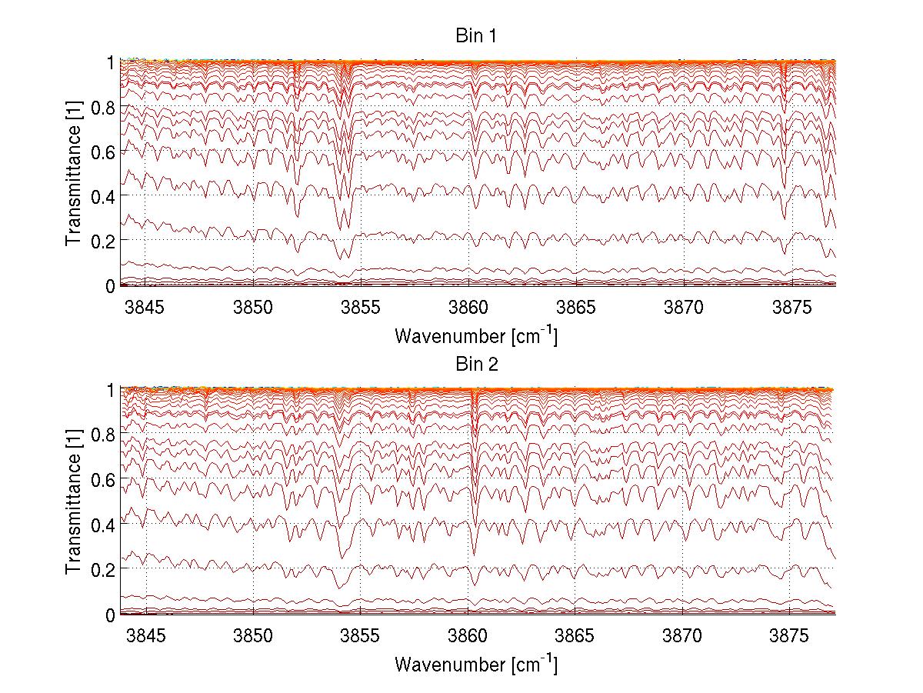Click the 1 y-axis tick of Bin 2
tap(110, 391)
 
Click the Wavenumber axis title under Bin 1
tap(476, 335)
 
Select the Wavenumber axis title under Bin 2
tap(476, 664)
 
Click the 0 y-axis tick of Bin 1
tap(110, 286)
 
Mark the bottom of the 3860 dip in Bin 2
tap(474, 554)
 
